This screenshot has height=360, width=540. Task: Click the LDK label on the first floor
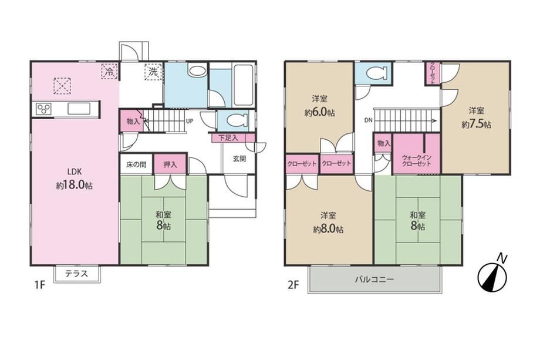point(75,171)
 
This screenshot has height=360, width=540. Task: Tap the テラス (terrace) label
point(77,274)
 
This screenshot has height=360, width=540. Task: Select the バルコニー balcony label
point(374,280)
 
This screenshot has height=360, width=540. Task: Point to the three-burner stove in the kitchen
point(44,109)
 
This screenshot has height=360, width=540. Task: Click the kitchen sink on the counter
point(79,109)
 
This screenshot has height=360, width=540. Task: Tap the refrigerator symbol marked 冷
point(110,72)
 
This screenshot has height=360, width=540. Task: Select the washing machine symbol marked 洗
point(153,72)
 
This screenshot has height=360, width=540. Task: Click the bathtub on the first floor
point(243,85)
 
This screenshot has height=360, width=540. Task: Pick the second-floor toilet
point(376,73)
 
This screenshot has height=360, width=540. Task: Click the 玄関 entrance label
point(239,159)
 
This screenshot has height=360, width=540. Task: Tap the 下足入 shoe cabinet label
point(228,138)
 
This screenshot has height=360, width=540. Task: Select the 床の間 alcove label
point(136,164)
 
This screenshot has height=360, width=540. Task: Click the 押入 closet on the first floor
point(170,164)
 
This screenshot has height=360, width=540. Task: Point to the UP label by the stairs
point(190,121)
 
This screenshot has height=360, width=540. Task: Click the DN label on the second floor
point(368,120)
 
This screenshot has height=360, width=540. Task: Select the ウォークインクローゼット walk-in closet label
point(417,160)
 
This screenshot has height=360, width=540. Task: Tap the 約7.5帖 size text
point(476,125)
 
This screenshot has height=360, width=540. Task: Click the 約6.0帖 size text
point(319,113)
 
